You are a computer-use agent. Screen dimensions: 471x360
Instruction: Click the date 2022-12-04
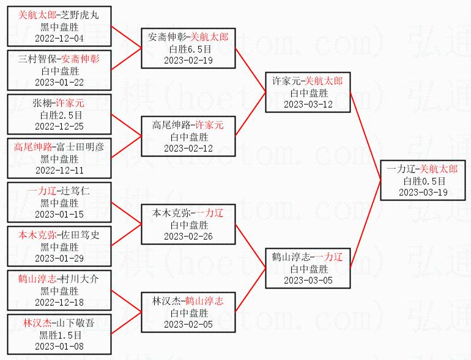59,39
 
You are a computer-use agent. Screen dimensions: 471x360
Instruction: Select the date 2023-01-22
59,83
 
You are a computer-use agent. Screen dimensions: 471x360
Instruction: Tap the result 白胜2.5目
59,114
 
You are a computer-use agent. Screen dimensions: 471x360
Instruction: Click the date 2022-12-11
59,170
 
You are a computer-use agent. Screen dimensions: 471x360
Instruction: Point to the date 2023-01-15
59,214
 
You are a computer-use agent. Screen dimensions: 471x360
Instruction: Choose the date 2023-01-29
59,258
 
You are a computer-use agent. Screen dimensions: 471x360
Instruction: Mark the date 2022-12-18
59,302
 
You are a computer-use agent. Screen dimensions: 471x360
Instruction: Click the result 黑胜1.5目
59,335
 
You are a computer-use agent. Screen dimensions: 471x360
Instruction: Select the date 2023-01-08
59,346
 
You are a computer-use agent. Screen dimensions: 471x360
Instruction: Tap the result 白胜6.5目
188,49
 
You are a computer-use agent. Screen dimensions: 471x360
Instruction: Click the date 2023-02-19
188,60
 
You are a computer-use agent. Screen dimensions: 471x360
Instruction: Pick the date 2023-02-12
188,148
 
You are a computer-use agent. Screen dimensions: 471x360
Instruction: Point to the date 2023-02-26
188,236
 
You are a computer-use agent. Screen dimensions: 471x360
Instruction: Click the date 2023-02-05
188,324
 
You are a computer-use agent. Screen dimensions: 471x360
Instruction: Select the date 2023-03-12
308,104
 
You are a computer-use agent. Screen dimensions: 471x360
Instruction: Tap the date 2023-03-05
308,280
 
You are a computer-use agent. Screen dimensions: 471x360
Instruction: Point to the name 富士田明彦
80,147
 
